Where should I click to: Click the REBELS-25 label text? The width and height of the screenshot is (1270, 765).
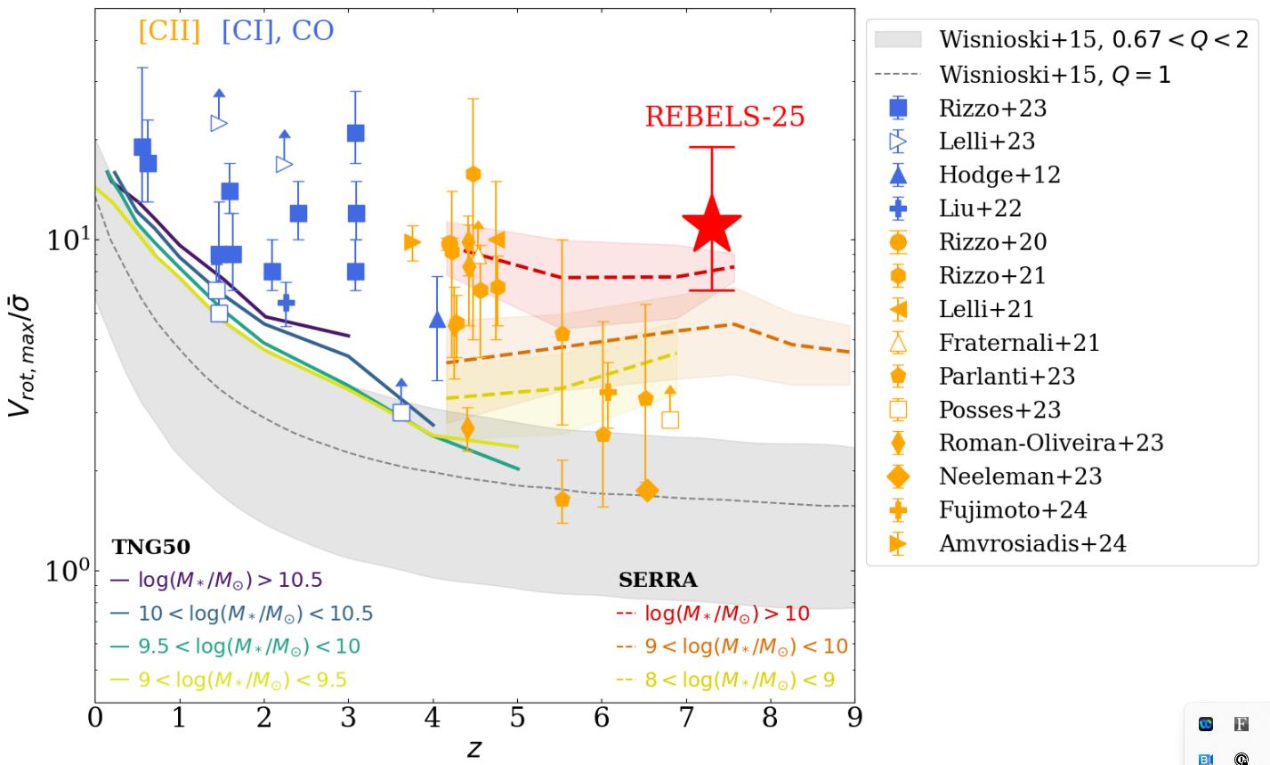[x=724, y=117]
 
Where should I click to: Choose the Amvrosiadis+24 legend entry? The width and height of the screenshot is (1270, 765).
[x=1032, y=543]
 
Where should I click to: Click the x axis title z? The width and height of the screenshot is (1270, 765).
[x=474, y=747]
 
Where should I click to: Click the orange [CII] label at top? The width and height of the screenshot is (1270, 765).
[x=169, y=30]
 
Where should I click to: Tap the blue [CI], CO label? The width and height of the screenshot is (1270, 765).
[x=278, y=30]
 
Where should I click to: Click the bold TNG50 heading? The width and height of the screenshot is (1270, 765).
[x=150, y=547]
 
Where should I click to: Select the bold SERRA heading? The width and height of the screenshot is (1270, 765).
[x=658, y=580]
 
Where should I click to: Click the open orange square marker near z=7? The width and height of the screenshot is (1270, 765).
[x=670, y=419]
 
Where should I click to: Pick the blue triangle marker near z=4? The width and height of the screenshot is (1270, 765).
[x=437, y=320]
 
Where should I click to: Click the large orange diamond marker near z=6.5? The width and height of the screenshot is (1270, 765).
[x=647, y=490]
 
